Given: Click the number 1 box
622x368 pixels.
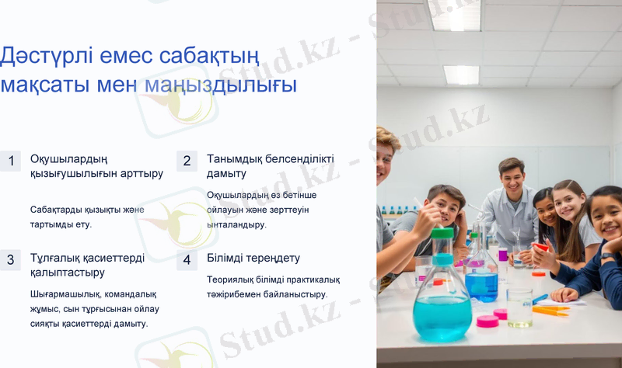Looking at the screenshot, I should [11, 161].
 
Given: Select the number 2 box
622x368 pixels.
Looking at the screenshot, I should [187, 161].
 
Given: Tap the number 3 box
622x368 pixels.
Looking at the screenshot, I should [11, 260].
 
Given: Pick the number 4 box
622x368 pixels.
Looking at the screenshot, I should [187, 260].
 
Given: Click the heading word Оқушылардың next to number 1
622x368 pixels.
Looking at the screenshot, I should [68, 158].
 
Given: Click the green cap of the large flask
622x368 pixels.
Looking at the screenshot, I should [442, 233].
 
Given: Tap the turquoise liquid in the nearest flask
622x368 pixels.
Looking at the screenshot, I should [442, 314].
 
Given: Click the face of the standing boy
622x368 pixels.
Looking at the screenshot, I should [511, 178].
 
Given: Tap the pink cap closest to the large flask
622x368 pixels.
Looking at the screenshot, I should [487, 321].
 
